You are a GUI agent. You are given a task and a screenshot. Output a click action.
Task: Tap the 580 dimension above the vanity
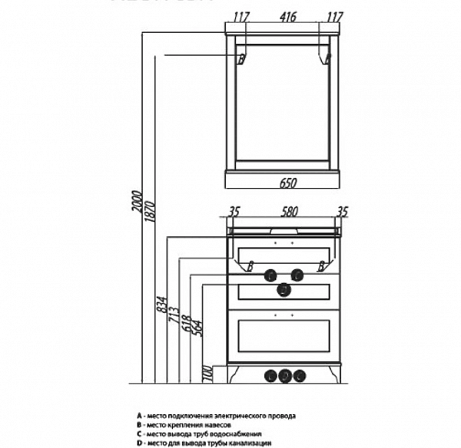coord(284,212)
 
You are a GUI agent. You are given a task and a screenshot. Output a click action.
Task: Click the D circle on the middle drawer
coord(284,289)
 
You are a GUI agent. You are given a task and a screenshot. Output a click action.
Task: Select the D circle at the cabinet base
coord(284,375)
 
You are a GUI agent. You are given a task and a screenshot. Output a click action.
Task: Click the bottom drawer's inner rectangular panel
coord(284,335)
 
